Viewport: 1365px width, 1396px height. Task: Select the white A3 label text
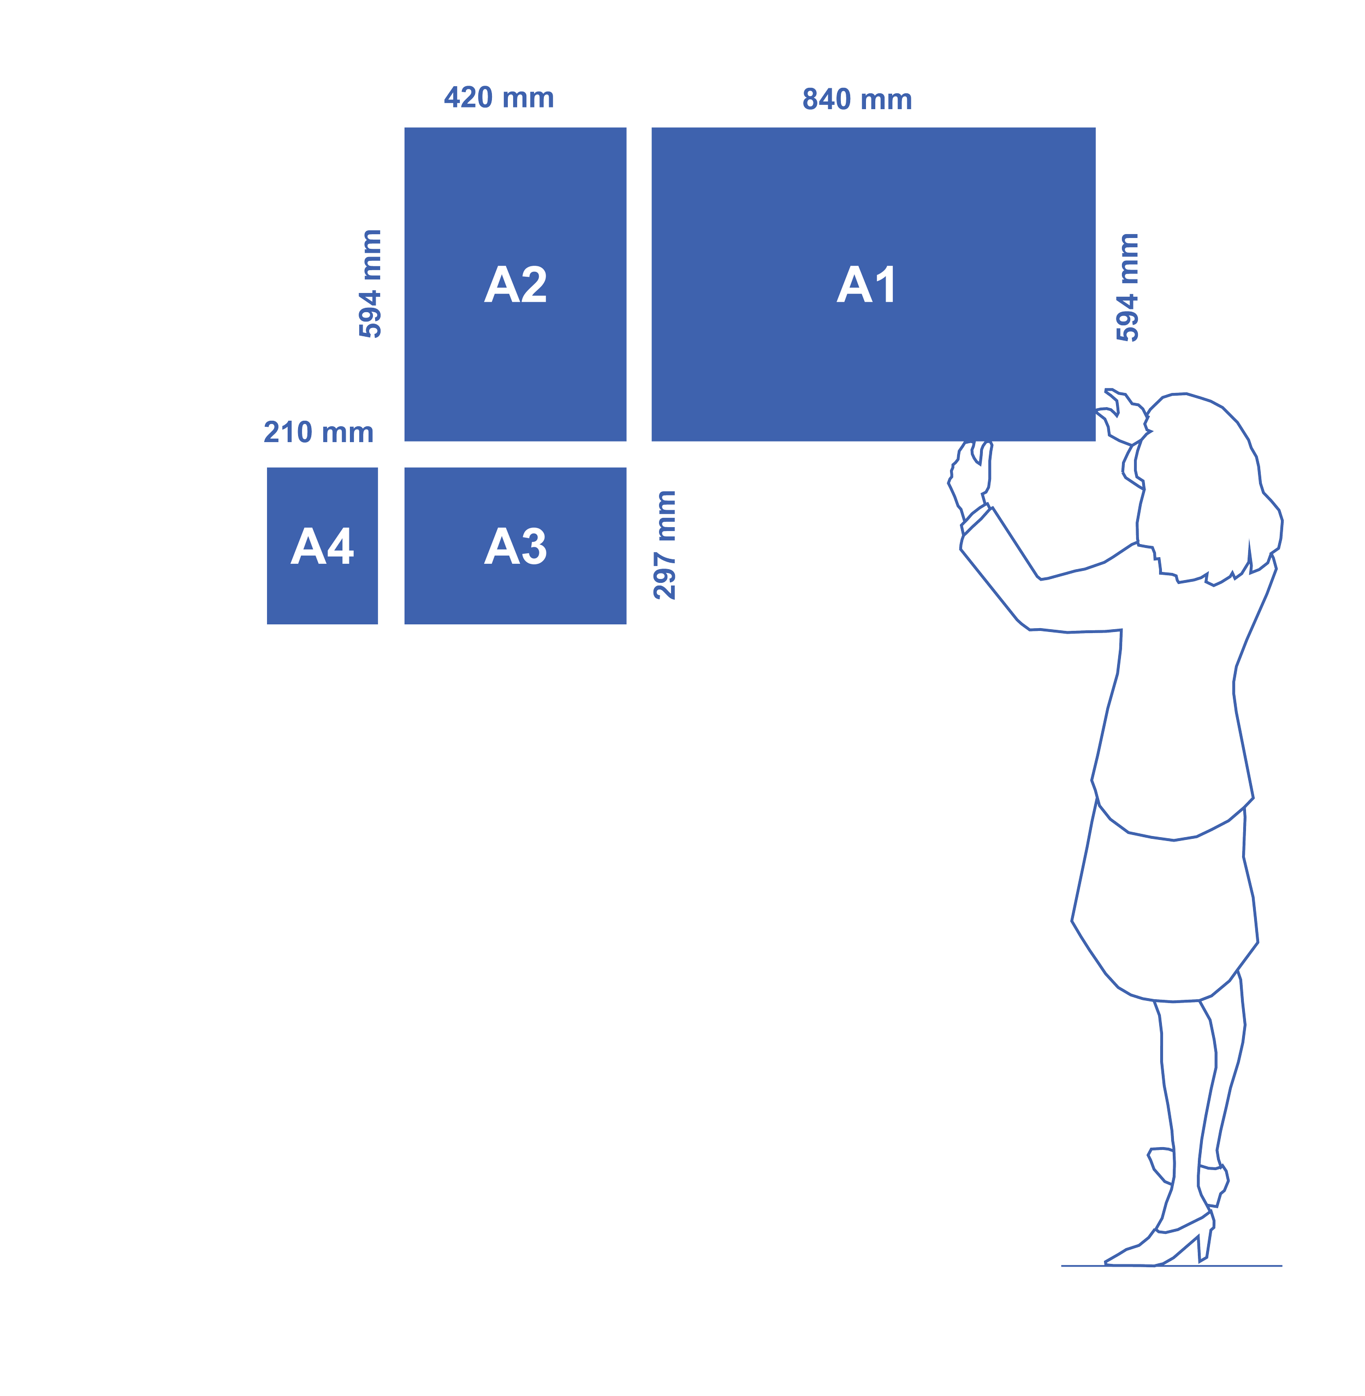click(515, 546)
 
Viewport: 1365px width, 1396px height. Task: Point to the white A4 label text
click(322, 546)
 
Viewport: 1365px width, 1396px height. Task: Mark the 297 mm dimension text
click(664, 545)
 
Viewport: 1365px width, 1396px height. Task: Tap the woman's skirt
click(1165, 917)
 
